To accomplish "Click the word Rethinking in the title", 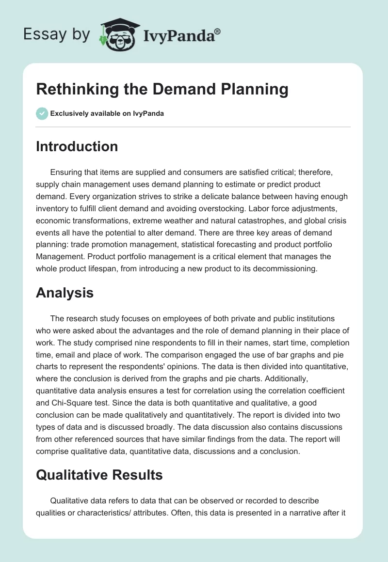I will tap(72, 89).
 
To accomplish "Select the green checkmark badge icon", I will tap(42, 113).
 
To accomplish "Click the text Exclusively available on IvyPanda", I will tap(107, 113).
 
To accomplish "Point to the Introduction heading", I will tap(77, 146).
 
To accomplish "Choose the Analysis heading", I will tap(65, 293).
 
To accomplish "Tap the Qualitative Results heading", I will tap(99, 475).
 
